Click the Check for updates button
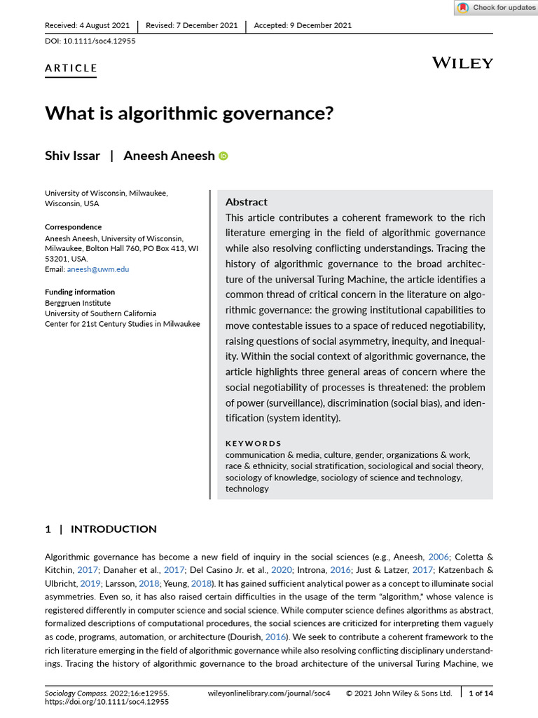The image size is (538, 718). point(495,8)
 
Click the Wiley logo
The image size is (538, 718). point(462,63)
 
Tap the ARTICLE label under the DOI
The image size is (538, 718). point(71,68)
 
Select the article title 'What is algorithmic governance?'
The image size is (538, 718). point(189,113)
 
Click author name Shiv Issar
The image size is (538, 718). point(72,156)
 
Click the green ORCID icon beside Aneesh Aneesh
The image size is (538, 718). point(223,156)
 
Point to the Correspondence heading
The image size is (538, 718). point(73,227)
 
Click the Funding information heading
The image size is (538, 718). point(80,292)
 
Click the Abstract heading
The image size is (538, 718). point(246,202)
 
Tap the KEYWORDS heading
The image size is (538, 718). point(253,443)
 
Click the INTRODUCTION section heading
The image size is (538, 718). point(113,529)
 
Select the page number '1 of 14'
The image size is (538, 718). point(481,693)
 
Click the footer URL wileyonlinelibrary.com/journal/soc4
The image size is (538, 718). point(269,693)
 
